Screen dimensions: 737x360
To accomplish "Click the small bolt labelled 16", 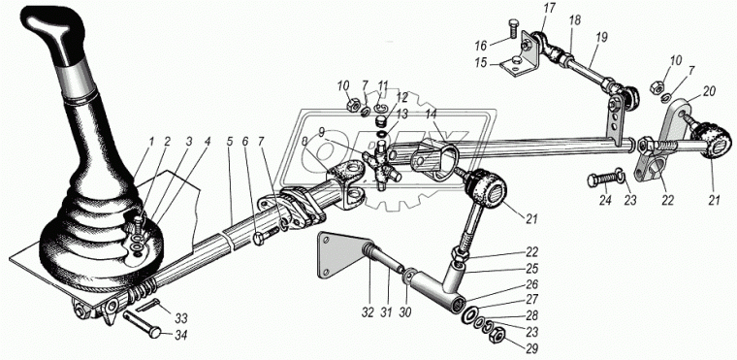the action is [513, 30].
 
